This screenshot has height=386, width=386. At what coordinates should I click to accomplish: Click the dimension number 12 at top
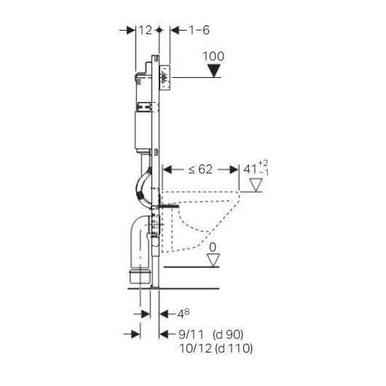point(145,31)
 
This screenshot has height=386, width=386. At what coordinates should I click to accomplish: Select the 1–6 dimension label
point(199,31)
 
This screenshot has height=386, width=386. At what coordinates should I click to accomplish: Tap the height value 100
point(213,56)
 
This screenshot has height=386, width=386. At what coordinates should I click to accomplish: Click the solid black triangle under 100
point(213,71)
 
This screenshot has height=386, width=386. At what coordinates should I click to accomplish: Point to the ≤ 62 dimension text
point(200,170)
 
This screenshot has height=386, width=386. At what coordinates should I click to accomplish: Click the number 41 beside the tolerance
point(250,170)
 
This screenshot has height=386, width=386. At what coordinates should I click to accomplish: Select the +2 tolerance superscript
point(263,163)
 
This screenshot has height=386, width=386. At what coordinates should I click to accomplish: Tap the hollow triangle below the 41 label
point(256,185)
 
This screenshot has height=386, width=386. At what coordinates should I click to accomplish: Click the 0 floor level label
point(213,248)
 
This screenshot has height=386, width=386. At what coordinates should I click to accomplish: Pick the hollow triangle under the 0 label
point(213,260)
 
